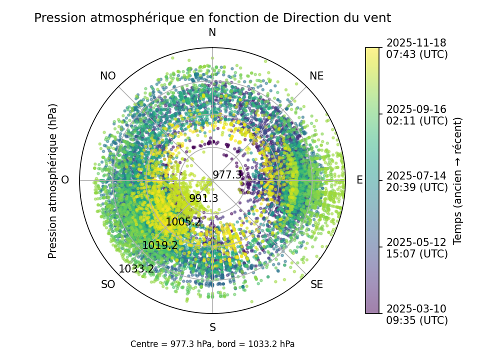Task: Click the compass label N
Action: tap(212, 32)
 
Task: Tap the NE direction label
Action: tap(316, 76)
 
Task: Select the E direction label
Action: tap(359, 180)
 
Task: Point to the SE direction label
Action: tap(316, 285)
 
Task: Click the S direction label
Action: tap(212, 328)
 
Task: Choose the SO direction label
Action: tap(108, 285)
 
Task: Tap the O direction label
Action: tap(65, 180)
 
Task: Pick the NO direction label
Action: tap(108, 76)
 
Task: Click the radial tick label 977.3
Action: tap(227, 175)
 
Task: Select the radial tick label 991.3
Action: tap(203, 198)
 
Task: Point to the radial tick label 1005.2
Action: tap(183, 222)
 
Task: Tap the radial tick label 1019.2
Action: tap(160, 245)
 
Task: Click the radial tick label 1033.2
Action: tap(136, 269)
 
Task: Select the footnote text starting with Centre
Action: tap(212, 344)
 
